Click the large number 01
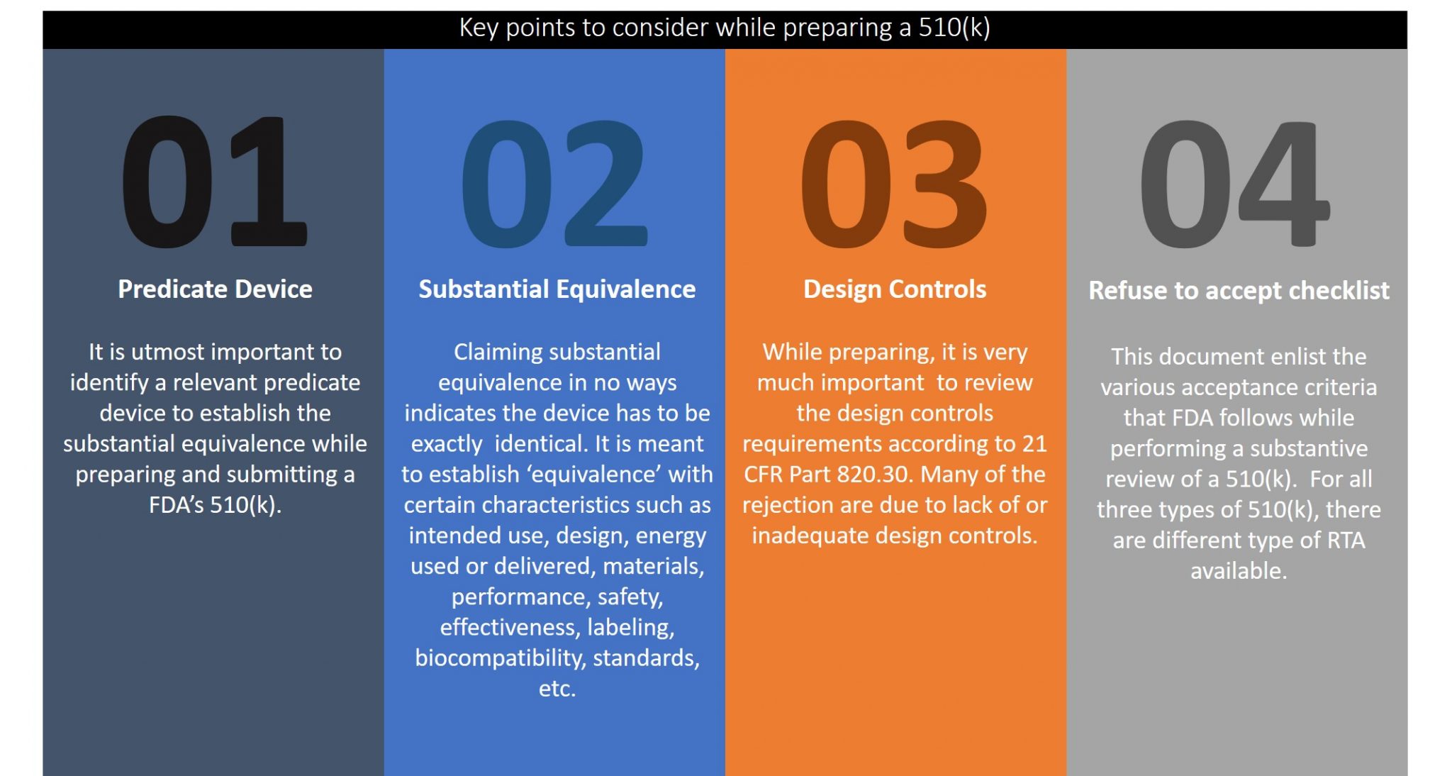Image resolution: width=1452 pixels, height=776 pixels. pyautogui.click(x=215, y=182)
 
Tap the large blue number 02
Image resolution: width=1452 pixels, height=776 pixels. pyautogui.click(x=555, y=183)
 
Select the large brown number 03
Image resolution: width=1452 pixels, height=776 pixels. pyautogui.click(x=895, y=183)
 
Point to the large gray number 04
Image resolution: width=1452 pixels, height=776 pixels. pyautogui.click(x=1235, y=183)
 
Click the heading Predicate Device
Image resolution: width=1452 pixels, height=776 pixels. pyautogui.click(x=215, y=289)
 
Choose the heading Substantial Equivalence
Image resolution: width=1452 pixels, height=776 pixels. pyautogui.click(x=557, y=289)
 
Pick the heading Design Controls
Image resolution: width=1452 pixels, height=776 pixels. pyautogui.click(x=895, y=289)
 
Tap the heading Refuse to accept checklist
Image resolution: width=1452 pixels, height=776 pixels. pyautogui.click(x=1239, y=291)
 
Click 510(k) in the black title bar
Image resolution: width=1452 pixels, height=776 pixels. pyautogui.click(x=954, y=28)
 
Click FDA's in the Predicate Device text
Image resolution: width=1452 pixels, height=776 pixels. pyautogui.click(x=176, y=504)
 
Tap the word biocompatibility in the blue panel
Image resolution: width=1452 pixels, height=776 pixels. pyautogui.click(x=501, y=658)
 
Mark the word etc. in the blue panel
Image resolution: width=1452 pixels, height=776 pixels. pyautogui.click(x=557, y=689)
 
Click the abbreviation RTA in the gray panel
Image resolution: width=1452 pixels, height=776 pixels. pyautogui.click(x=1346, y=541)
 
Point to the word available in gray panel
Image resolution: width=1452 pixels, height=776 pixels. pyautogui.click(x=1238, y=571)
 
